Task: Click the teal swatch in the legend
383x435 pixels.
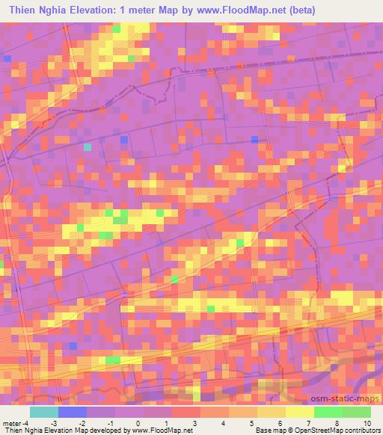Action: [x=44, y=412]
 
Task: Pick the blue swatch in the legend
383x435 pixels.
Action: [x=73, y=412]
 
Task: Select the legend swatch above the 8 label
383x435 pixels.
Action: [x=328, y=412]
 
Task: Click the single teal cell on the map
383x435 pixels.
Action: [x=88, y=146]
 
